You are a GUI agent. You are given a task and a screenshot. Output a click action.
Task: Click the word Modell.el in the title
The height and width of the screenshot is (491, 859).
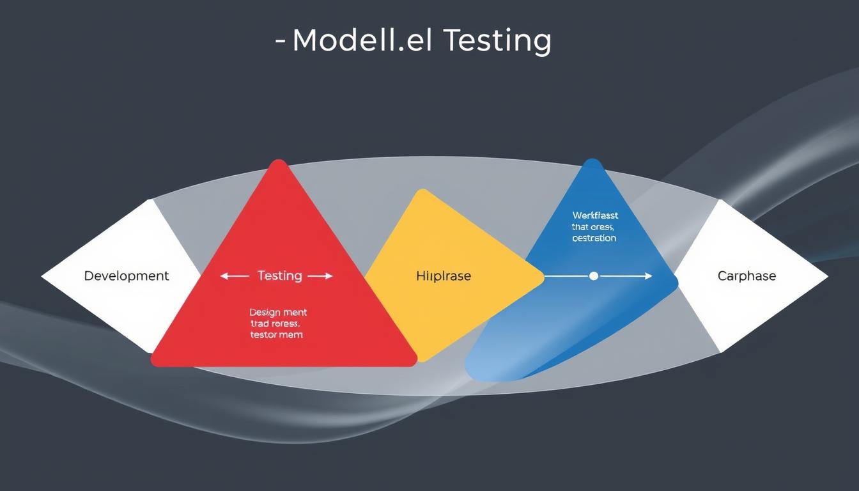pyautogui.click(x=361, y=41)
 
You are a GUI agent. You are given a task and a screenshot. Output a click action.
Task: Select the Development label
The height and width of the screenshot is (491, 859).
pyautogui.click(x=127, y=276)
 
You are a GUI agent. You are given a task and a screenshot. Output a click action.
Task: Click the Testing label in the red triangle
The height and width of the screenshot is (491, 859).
pyautogui.click(x=279, y=276)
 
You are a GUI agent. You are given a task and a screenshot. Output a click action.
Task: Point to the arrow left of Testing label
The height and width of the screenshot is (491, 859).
pyautogui.click(x=235, y=276)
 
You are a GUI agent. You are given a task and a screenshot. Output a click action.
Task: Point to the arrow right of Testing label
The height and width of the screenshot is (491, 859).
pyautogui.click(x=320, y=276)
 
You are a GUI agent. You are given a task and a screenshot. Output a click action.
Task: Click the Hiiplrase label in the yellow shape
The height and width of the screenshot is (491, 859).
pyautogui.click(x=443, y=276)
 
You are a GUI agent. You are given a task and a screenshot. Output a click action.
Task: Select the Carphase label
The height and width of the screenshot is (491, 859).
pyautogui.click(x=747, y=276)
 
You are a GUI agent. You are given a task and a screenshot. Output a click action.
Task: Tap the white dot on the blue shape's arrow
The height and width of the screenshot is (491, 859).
pyautogui.click(x=593, y=276)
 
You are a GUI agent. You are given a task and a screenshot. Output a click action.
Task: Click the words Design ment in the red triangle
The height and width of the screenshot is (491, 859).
pyautogui.click(x=278, y=313)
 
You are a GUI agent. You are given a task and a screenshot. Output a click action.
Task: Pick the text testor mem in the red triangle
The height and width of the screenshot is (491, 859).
pyautogui.click(x=277, y=334)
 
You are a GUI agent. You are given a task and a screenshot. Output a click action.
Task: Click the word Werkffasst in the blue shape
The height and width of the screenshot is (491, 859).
pyautogui.click(x=595, y=216)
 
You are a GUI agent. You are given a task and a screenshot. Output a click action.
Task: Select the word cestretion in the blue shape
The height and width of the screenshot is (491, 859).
pyautogui.click(x=594, y=238)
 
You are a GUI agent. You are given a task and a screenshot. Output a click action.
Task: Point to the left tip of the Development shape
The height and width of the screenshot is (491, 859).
pyautogui.click(x=43, y=276)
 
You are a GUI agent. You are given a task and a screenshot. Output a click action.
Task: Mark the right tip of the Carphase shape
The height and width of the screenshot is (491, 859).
pyautogui.click(x=826, y=277)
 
